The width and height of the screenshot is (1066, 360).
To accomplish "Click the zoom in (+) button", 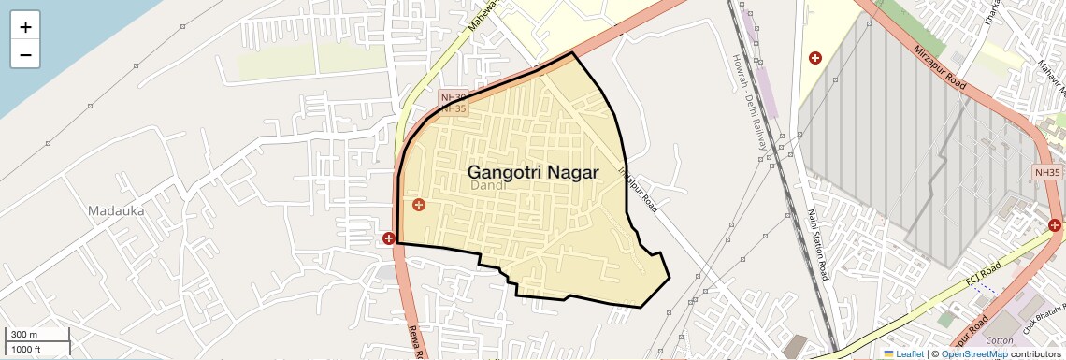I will [25, 27].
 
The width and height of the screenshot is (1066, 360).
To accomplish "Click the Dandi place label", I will [488, 186].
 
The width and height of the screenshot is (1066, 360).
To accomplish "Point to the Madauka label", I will [116, 210].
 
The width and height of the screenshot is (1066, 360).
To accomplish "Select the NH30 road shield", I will [453, 96].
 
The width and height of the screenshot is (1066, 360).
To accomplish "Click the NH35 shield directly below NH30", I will [453, 108].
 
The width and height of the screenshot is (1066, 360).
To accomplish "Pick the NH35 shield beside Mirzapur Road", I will [1048, 172].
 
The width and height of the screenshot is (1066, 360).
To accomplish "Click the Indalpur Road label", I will [639, 188].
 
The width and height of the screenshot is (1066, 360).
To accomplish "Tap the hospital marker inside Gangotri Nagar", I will [418, 204].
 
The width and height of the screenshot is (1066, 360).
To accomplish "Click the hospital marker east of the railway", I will [815, 58].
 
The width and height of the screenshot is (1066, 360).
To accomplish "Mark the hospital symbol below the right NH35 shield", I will [1055, 224].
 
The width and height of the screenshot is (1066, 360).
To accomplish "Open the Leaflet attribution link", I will [903, 353].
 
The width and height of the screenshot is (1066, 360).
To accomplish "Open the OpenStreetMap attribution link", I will [974, 353].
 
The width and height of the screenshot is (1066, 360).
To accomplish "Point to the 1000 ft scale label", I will [27, 350].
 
